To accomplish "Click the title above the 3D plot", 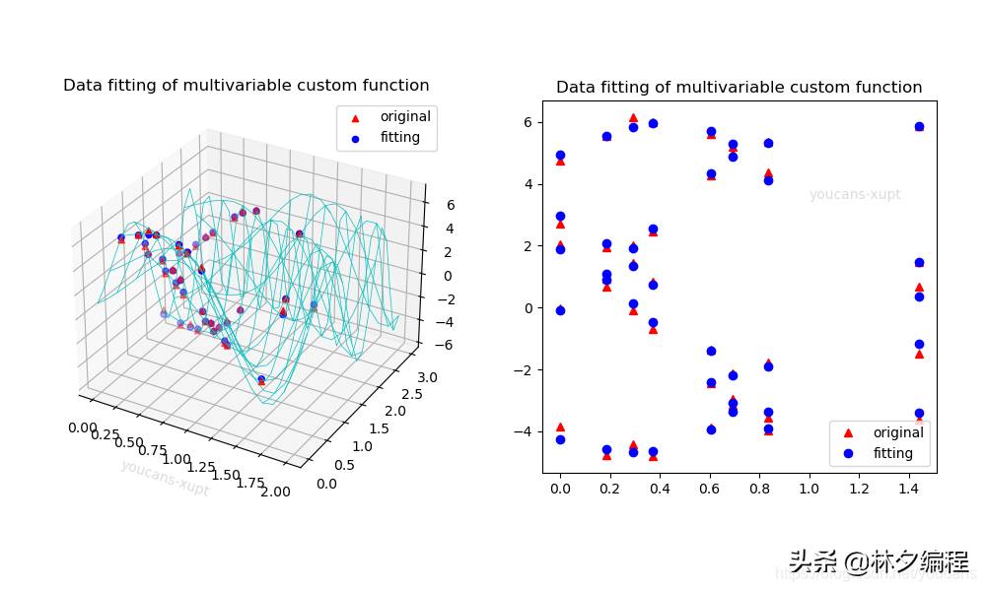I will [x=246, y=86].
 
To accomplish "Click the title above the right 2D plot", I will [x=739, y=88].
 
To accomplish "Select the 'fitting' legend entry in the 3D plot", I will [x=400, y=138].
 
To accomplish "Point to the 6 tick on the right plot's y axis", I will [x=528, y=122].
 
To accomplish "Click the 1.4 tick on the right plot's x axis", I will [x=909, y=489].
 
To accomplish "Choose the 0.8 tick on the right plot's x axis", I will [x=759, y=489].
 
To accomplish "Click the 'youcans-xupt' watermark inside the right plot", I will [x=855, y=195].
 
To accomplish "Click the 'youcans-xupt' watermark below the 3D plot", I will [x=165, y=478].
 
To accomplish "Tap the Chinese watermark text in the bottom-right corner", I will [x=878, y=562].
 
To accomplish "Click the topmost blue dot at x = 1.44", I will [x=919, y=127].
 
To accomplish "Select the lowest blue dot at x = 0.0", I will [x=560, y=439].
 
